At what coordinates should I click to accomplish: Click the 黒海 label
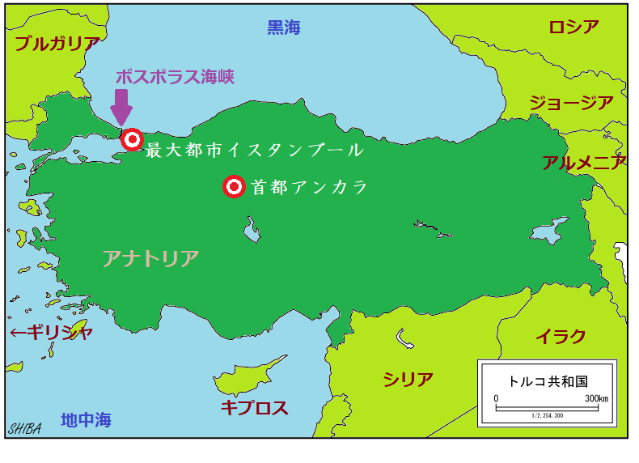(284, 28)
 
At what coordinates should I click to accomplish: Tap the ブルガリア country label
(57, 45)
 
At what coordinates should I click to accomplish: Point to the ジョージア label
(571, 103)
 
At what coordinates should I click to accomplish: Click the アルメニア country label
(584, 163)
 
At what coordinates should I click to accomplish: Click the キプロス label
(254, 407)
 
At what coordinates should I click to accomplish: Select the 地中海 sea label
(86, 420)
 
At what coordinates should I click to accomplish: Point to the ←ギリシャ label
(50, 333)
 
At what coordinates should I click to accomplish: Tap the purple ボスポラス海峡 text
(175, 77)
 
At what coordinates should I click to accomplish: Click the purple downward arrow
(121, 107)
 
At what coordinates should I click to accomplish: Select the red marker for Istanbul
(132, 140)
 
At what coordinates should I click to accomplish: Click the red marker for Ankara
(234, 187)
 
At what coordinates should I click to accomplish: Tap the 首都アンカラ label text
(309, 188)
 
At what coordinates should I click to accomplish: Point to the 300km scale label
(596, 399)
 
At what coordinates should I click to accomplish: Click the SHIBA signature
(25, 428)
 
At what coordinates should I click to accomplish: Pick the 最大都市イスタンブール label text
(254, 151)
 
